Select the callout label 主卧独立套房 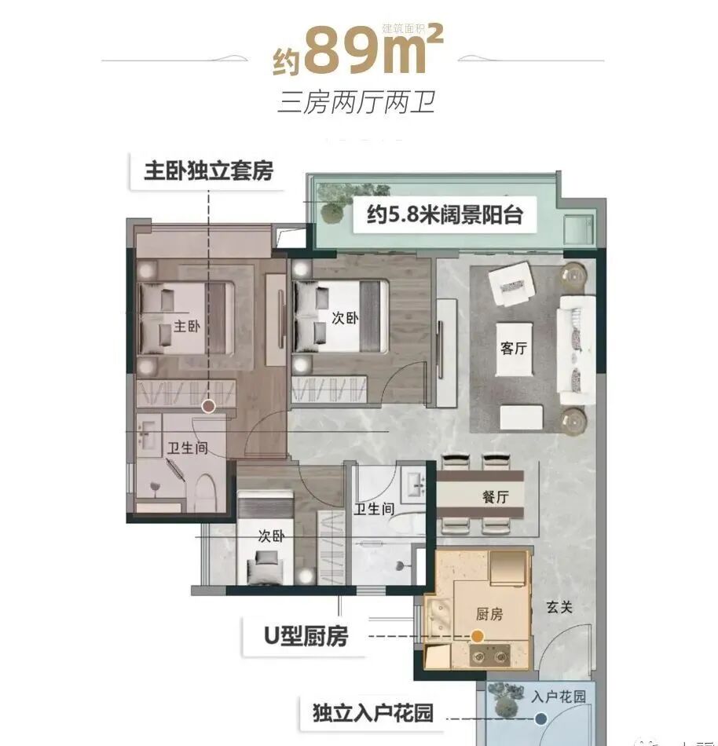(208, 171)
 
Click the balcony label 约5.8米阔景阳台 (445, 214)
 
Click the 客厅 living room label (513, 349)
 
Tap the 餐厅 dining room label (496, 497)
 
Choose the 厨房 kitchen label (489, 615)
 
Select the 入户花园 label (559, 697)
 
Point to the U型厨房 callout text (305, 636)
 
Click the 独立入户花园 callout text (367, 715)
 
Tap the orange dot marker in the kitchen (477, 638)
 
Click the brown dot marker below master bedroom (208, 406)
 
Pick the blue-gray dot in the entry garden (540, 718)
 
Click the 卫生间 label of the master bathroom (187, 449)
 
